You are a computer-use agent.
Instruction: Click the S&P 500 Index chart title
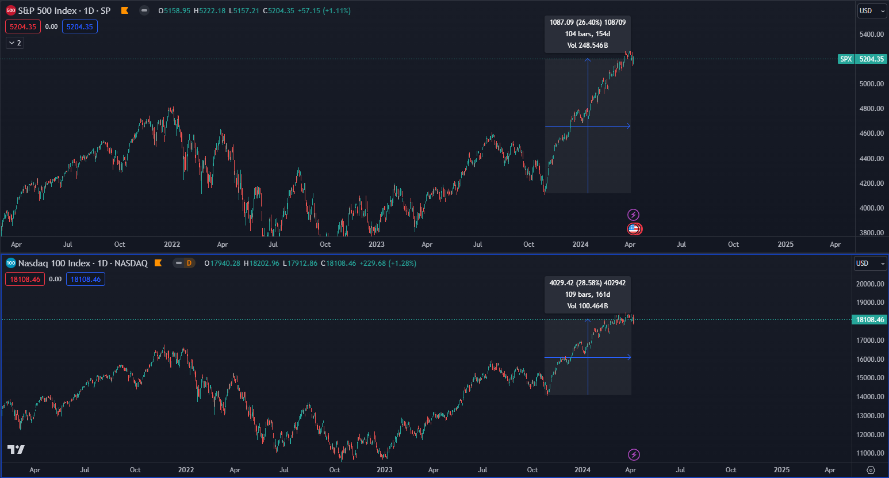tap(64, 10)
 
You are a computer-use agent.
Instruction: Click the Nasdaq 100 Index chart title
tap(82, 263)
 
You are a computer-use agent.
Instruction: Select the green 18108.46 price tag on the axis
tap(869, 320)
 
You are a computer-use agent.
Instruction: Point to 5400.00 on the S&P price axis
tap(871, 35)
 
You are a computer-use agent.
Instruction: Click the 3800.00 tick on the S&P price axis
tap(871, 233)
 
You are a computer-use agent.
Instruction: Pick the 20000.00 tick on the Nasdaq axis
tap(869, 284)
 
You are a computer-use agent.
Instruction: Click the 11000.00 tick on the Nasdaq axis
tap(869, 453)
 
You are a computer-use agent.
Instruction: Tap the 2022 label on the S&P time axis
tap(172, 244)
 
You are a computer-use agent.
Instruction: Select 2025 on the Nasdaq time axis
tap(781, 470)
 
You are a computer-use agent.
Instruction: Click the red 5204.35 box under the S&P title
tap(23, 27)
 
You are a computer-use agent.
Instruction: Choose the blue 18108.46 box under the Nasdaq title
tap(86, 280)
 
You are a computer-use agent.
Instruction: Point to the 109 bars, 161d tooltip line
tap(588, 295)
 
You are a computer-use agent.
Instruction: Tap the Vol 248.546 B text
tap(588, 45)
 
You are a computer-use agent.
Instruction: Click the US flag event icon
tap(634, 229)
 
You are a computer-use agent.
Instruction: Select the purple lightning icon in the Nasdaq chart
tap(634, 455)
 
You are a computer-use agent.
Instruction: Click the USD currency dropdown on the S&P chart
tap(871, 11)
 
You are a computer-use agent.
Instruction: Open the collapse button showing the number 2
tap(15, 43)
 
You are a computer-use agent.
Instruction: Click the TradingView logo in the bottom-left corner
tap(16, 450)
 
